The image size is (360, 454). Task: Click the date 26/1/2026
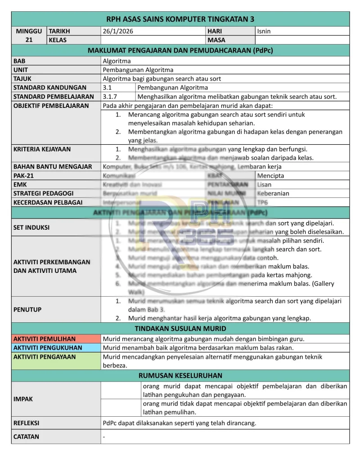click(118, 31)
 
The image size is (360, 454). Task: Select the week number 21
click(29, 40)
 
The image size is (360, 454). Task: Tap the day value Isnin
click(264, 31)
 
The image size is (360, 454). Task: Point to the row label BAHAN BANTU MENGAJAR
click(53, 167)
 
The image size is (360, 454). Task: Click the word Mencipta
click(271, 176)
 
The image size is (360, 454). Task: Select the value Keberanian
click(273, 193)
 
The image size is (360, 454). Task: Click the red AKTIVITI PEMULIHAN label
click(45, 339)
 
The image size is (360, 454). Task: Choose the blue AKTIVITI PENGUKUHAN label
click(48, 347)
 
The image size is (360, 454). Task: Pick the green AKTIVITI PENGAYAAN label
click(45, 356)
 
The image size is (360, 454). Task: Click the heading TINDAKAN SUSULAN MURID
click(180, 329)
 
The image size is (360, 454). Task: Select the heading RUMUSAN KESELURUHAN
click(180, 375)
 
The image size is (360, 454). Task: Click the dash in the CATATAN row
click(104, 437)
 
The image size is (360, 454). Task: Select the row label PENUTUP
click(27, 310)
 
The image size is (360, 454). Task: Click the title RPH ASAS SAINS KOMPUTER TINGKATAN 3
click(180, 19)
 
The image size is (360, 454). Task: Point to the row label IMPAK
click(23, 399)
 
